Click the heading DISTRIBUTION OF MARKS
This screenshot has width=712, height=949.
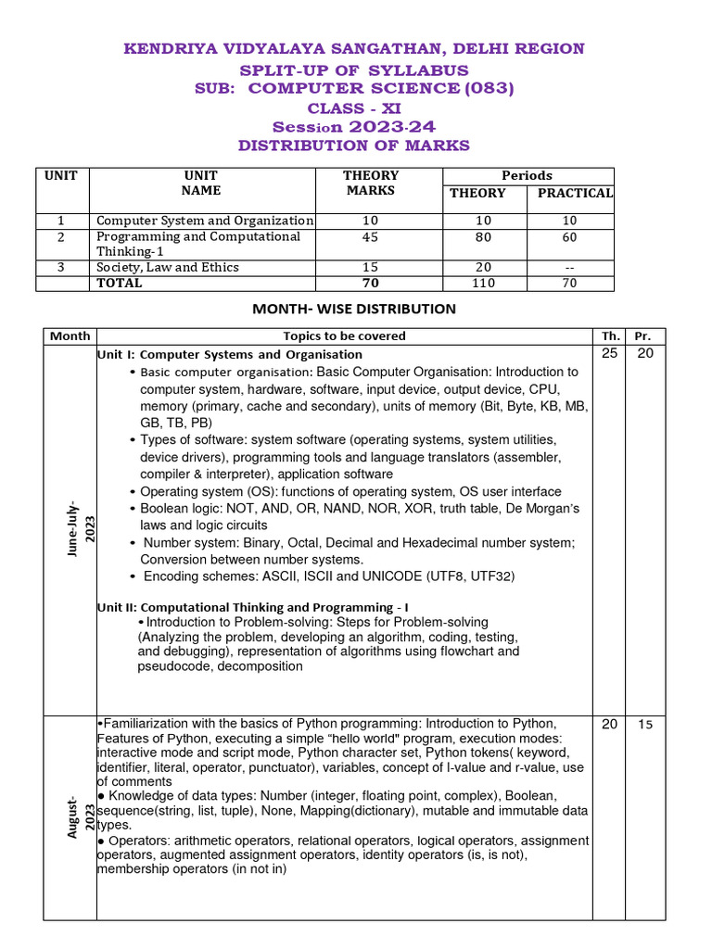(x=354, y=146)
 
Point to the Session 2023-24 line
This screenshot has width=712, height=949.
(x=354, y=127)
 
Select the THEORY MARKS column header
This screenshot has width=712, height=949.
(x=371, y=183)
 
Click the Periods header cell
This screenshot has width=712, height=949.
(x=527, y=175)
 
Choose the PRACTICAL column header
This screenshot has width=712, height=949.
(x=570, y=193)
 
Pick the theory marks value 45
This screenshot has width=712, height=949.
(x=371, y=237)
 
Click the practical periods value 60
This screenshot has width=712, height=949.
(x=569, y=237)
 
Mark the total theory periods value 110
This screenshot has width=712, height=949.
(x=484, y=283)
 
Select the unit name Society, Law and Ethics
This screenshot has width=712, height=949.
(x=168, y=267)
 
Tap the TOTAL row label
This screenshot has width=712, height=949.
(x=120, y=283)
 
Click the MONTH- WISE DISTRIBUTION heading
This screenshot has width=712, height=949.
(x=354, y=309)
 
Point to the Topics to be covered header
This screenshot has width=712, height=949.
(x=344, y=335)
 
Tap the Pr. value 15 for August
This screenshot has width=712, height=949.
(x=644, y=725)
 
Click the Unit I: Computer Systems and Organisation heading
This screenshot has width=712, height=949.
(x=229, y=354)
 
